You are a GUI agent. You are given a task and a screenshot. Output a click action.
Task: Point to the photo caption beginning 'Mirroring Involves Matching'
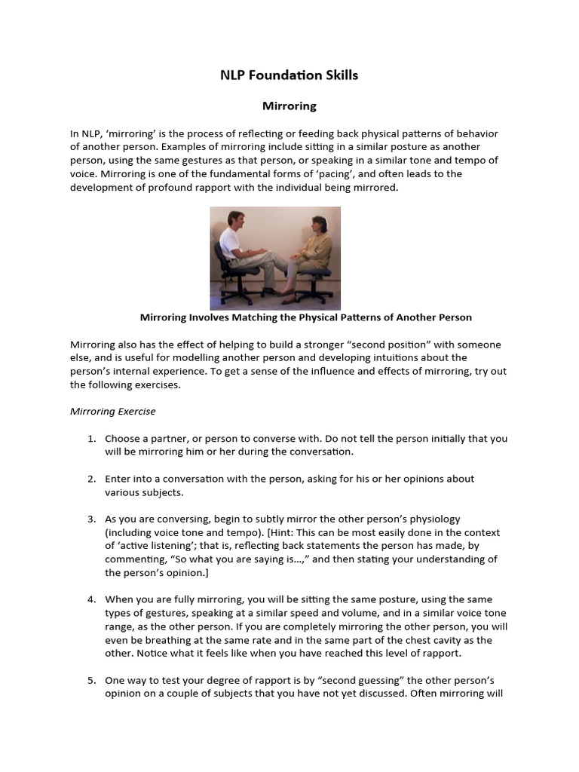[306, 317]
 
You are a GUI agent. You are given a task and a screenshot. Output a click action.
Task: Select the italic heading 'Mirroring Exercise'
[112, 412]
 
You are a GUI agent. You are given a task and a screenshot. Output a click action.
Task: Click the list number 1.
[90, 439]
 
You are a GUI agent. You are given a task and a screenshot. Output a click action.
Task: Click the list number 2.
[90, 479]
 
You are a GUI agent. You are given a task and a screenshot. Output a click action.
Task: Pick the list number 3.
[90, 519]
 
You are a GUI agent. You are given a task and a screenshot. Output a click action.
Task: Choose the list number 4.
[90, 599]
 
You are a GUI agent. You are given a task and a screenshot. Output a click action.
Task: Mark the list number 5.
[90, 680]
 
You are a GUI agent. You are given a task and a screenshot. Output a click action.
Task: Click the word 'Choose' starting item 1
[122, 439]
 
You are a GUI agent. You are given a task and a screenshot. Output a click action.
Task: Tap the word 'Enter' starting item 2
[118, 479]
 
